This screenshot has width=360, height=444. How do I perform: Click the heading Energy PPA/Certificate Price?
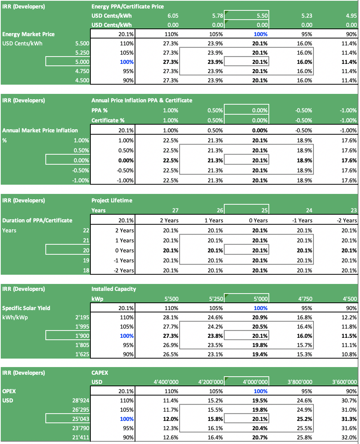pos(127,7)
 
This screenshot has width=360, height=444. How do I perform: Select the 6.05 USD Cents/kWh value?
pos(173,16)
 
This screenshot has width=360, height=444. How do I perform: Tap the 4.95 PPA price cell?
pos(351,16)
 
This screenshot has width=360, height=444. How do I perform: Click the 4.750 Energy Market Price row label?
pos(82,71)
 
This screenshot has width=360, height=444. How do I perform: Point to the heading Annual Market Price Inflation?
pos(40,130)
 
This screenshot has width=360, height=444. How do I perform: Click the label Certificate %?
pos(108,120)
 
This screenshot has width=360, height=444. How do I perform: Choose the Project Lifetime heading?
pos(112,200)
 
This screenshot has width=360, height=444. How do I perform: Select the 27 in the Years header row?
pos(175,210)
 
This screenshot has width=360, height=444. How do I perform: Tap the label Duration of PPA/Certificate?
pos(37,220)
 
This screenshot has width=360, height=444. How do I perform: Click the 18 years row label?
pos(86,270)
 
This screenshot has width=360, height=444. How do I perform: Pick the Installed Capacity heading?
pos(114,289)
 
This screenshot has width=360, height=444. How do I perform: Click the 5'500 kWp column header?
pos(172,299)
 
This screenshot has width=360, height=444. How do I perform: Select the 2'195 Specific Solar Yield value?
pos(82,317)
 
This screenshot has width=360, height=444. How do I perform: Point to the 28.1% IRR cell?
pos(171,317)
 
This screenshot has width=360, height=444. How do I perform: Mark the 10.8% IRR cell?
pos(349,354)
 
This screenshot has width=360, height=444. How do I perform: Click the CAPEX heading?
pos(100,373)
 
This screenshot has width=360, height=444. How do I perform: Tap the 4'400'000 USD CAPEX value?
pos(166,382)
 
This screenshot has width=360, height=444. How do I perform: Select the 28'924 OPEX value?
pos(81,401)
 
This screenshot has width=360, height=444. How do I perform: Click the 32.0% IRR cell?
pos(349,437)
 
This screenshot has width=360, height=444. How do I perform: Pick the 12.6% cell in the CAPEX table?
pos(171,437)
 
